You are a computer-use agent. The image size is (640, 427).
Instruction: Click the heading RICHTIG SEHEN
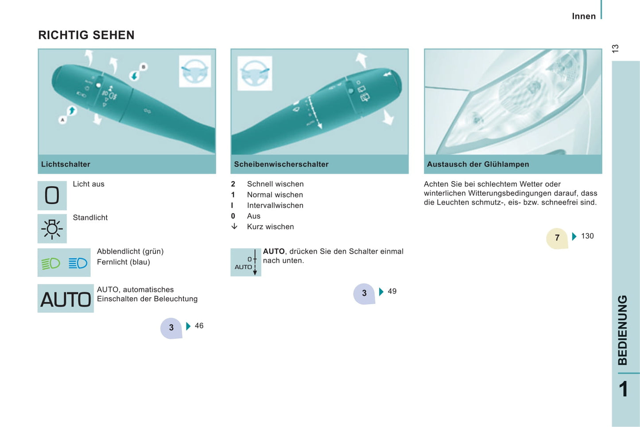pos(86,35)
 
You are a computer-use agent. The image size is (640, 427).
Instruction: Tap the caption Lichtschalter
pos(66,164)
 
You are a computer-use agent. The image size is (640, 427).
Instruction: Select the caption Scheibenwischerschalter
pos(281,164)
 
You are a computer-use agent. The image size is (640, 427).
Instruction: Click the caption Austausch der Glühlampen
pos(478,164)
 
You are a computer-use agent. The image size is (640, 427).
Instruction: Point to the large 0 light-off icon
pos(52,195)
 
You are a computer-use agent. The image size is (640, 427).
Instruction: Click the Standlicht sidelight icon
pos(52,229)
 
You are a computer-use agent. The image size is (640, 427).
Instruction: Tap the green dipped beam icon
pos(50,263)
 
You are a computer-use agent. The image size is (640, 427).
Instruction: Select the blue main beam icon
pos(78,263)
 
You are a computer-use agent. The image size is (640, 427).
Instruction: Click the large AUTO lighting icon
pos(66,299)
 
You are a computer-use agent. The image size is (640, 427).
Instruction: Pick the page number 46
pos(199,326)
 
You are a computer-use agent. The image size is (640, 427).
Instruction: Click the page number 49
pos(392,291)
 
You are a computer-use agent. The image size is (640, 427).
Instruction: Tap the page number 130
pos(587,236)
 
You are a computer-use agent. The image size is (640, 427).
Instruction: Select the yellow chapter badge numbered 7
pos(557,238)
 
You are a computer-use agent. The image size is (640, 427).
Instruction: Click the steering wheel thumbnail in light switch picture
pos(195,71)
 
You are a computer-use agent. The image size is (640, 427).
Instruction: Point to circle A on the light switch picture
pos(62,120)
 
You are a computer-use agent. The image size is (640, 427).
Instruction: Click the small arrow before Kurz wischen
pos(234,226)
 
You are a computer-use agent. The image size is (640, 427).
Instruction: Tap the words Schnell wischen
pos(275,184)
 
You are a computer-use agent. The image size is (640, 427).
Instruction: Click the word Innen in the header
pos(584,16)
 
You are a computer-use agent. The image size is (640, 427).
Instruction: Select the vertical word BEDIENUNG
pos(623,330)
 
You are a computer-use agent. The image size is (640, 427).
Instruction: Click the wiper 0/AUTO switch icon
pos(246,262)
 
